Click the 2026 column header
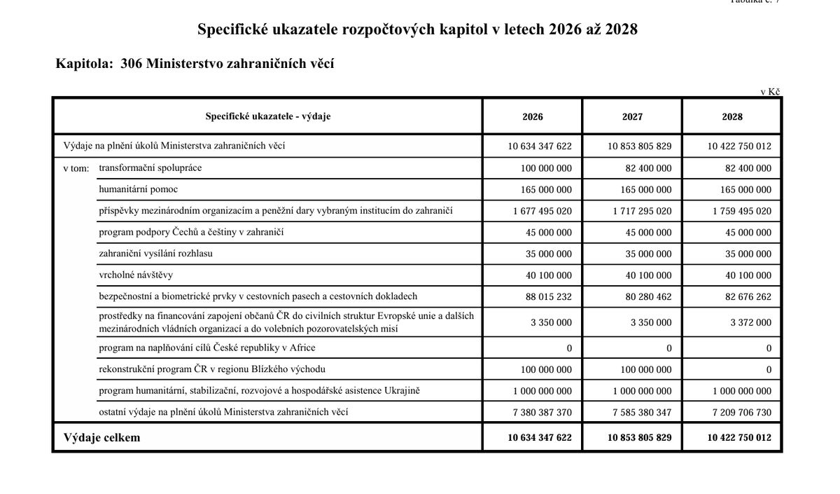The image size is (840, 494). (x=532, y=117)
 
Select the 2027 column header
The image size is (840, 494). (x=632, y=117)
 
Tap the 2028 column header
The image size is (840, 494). (x=732, y=117)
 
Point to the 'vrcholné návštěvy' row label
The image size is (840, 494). (x=136, y=275)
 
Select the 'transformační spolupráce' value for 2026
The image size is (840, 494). (x=546, y=168)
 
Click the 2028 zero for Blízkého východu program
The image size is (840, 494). (x=769, y=369)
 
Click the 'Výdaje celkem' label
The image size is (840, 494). (x=101, y=437)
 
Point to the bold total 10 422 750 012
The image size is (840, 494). (x=739, y=438)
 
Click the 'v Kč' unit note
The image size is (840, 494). (x=770, y=92)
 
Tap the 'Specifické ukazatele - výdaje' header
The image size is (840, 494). (x=268, y=116)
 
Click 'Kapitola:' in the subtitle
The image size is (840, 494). (x=84, y=64)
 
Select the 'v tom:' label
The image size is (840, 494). (x=76, y=168)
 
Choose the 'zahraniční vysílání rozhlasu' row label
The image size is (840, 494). (x=155, y=253)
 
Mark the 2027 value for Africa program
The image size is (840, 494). (x=668, y=348)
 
